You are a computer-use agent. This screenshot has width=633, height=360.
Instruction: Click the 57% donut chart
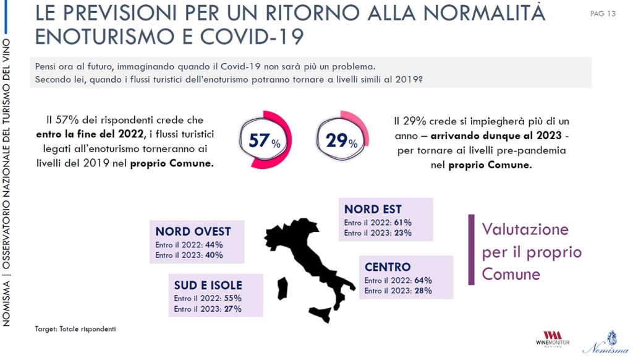tap(265, 140)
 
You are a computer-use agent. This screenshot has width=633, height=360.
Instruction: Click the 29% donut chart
tap(342, 140)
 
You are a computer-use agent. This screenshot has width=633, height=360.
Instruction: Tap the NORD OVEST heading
tap(193, 231)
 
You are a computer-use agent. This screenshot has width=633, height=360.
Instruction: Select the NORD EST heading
tap(373, 209)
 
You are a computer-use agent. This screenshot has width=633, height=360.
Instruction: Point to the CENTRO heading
tap(388, 267)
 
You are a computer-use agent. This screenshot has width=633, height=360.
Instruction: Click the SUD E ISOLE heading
tap(208, 285)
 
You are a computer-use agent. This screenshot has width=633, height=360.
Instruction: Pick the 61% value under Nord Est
tap(402, 223)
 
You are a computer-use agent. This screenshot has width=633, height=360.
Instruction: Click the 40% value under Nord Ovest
tap(214, 255)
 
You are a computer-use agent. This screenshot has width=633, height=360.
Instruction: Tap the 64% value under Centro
tap(423, 280)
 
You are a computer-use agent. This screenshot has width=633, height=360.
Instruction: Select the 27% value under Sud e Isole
tap(232, 309)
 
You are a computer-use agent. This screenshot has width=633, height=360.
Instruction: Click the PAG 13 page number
tap(603, 14)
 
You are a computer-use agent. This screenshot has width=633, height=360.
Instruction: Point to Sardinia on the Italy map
tap(282, 288)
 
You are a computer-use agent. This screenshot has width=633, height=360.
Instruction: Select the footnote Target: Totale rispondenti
tap(75, 329)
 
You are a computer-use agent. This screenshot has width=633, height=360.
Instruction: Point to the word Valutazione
tap(525, 229)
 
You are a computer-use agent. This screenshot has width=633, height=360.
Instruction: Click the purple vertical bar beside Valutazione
tap(471, 250)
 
